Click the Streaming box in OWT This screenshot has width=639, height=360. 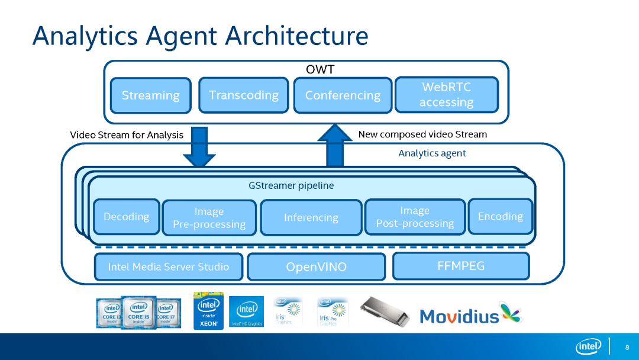tap(151, 95)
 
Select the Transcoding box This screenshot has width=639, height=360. tap(244, 95)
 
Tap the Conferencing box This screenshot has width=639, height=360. tap(343, 95)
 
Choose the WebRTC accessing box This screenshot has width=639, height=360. tap(447, 95)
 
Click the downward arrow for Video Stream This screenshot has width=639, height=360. tap(199, 148)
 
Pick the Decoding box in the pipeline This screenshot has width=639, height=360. tap(127, 217)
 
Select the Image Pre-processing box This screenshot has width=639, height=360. tap(209, 218)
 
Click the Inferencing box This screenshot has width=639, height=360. tap(311, 218)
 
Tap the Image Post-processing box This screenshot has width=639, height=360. tap(415, 217)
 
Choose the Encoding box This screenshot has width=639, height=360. tap(501, 216)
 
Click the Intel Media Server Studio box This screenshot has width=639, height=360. tap(169, 267)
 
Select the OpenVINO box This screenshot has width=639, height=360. tap(316, 267)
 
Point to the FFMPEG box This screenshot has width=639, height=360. tap(461, 266)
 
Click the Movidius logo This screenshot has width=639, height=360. tap(470, 314)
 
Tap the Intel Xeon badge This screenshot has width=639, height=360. tap(208, 311)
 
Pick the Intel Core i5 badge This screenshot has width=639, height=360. tap(138, 312)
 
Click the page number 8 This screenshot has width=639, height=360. tap(627, 346)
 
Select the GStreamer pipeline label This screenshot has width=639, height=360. tap(291, 186)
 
